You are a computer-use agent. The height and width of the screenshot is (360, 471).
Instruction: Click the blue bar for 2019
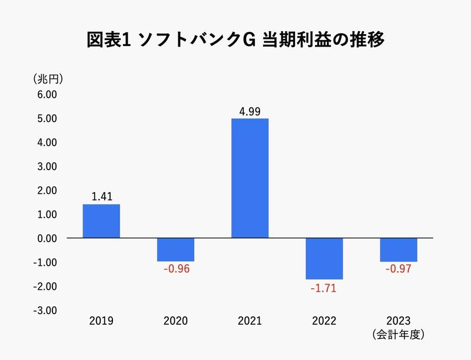point(101,221)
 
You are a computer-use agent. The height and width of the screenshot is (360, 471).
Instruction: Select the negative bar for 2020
point(175,250)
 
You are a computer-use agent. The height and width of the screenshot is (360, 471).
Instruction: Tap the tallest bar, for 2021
point(250,179)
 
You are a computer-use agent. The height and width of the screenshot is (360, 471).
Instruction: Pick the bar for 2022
point(324,259)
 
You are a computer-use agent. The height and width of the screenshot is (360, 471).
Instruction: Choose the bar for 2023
point(399,250)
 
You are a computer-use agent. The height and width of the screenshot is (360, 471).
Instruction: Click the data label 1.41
point(101,196)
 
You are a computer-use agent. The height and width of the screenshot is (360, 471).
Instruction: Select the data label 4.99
point(250,111)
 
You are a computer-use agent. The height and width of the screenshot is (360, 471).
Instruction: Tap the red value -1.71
point(324,288)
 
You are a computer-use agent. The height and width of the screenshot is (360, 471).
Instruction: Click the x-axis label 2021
point(250,321)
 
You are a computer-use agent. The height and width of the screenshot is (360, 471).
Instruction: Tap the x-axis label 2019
point(101,321)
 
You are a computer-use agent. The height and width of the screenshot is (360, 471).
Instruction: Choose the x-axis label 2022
point(324,321)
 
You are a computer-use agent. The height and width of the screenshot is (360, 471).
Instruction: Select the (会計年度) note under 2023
point(399,335)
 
